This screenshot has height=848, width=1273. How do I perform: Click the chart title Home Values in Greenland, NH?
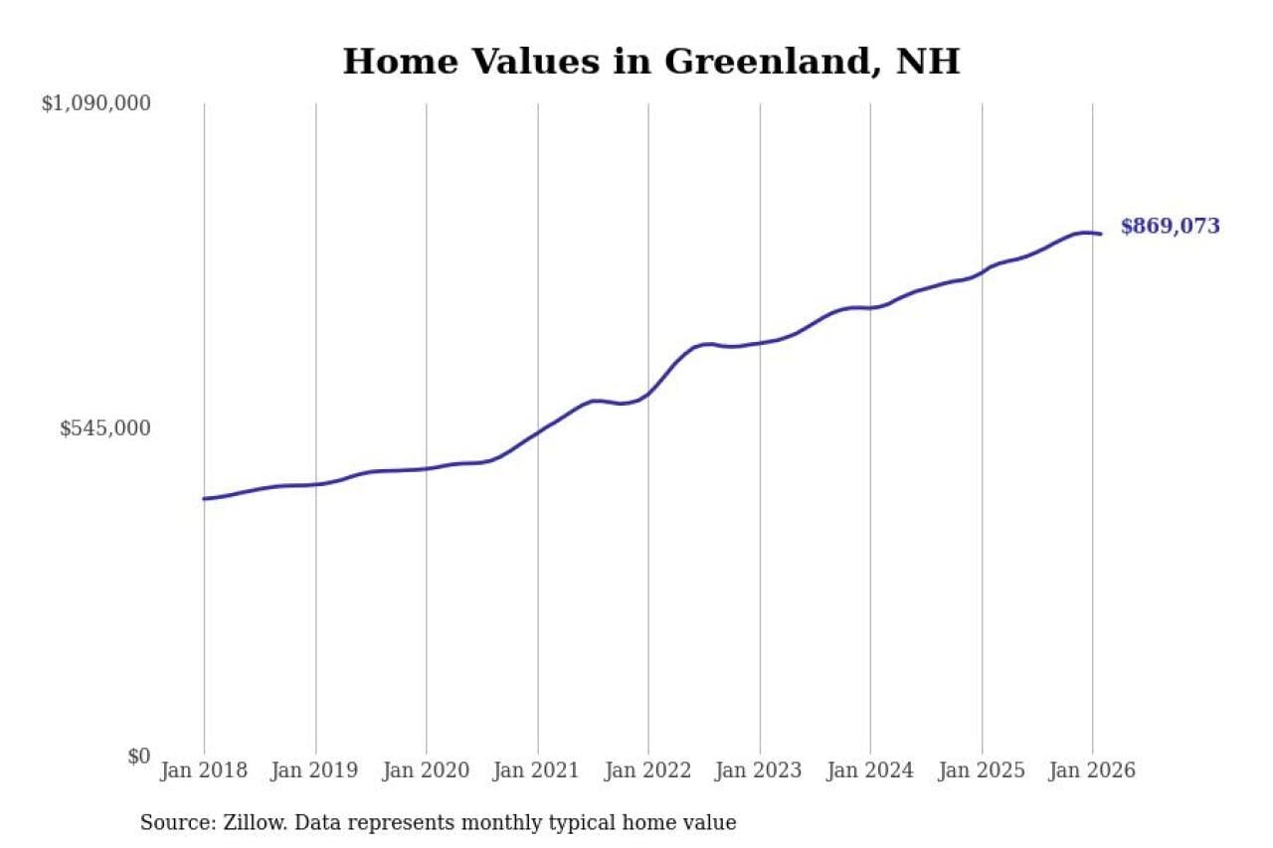651,62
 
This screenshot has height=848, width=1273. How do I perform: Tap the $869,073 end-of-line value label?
1170,227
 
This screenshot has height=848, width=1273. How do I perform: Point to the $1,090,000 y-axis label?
95,102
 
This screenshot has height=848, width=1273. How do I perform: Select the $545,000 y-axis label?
105,428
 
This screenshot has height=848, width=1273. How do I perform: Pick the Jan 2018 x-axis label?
204,770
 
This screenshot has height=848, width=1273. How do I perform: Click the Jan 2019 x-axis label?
315,770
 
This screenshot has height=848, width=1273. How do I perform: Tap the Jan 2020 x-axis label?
427,770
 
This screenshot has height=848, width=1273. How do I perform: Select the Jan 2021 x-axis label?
538,770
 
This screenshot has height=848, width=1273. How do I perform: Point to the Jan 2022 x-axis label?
648,770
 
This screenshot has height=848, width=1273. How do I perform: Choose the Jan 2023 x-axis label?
760,770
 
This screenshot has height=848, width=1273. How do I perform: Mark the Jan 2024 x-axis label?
870,770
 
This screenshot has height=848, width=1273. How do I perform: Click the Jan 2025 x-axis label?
982,770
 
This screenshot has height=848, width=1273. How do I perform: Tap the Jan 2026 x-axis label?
1092,770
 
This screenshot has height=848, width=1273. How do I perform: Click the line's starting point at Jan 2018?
204,498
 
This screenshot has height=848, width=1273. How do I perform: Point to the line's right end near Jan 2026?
1100,234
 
